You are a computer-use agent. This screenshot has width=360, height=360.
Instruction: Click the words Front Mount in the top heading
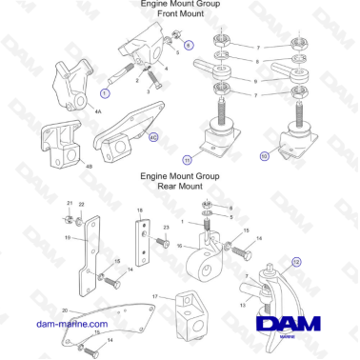[180, 15]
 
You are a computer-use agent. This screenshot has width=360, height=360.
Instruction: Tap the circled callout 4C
[153, 138]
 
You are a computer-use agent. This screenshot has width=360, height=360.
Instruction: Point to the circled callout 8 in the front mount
[188, 45]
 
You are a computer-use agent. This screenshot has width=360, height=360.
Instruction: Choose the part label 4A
[98, 110]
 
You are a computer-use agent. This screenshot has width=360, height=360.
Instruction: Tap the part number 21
[70, 204]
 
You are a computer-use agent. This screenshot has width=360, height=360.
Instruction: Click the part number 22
[81, 205]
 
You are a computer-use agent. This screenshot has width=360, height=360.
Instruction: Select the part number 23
[166, 227]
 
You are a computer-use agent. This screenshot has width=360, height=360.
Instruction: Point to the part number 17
[155, 297]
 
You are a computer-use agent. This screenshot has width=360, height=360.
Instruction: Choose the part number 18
[139, 210]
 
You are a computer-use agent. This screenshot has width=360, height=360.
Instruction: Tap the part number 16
[178, 245]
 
